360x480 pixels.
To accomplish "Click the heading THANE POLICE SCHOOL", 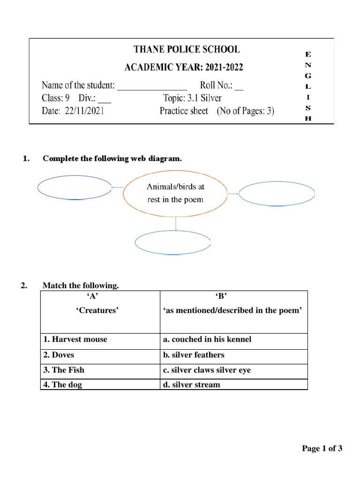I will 183,49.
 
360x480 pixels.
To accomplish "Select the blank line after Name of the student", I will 152,86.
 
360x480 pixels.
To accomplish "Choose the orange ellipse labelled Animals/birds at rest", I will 176,193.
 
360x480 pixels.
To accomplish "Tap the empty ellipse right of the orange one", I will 277,193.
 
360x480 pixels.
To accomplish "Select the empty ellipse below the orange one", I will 172,242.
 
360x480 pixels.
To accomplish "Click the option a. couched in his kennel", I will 207,339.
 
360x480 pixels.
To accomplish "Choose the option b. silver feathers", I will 194,355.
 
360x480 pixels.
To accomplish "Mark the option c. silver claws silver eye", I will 207,370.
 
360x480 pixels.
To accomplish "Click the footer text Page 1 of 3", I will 322,449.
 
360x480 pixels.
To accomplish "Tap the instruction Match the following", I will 81,285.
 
